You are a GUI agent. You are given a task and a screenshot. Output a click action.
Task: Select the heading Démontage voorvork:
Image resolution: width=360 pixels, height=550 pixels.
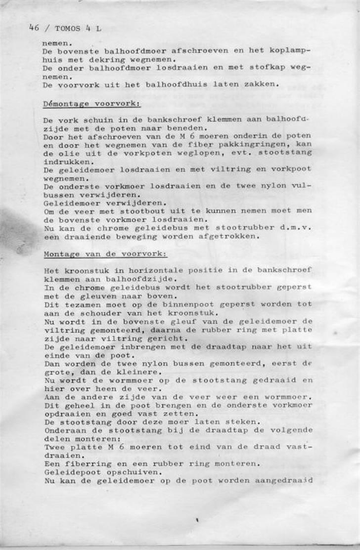tap(92, 104)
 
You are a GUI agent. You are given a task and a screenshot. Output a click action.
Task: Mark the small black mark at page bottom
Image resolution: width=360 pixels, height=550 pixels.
tap(197, 520)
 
